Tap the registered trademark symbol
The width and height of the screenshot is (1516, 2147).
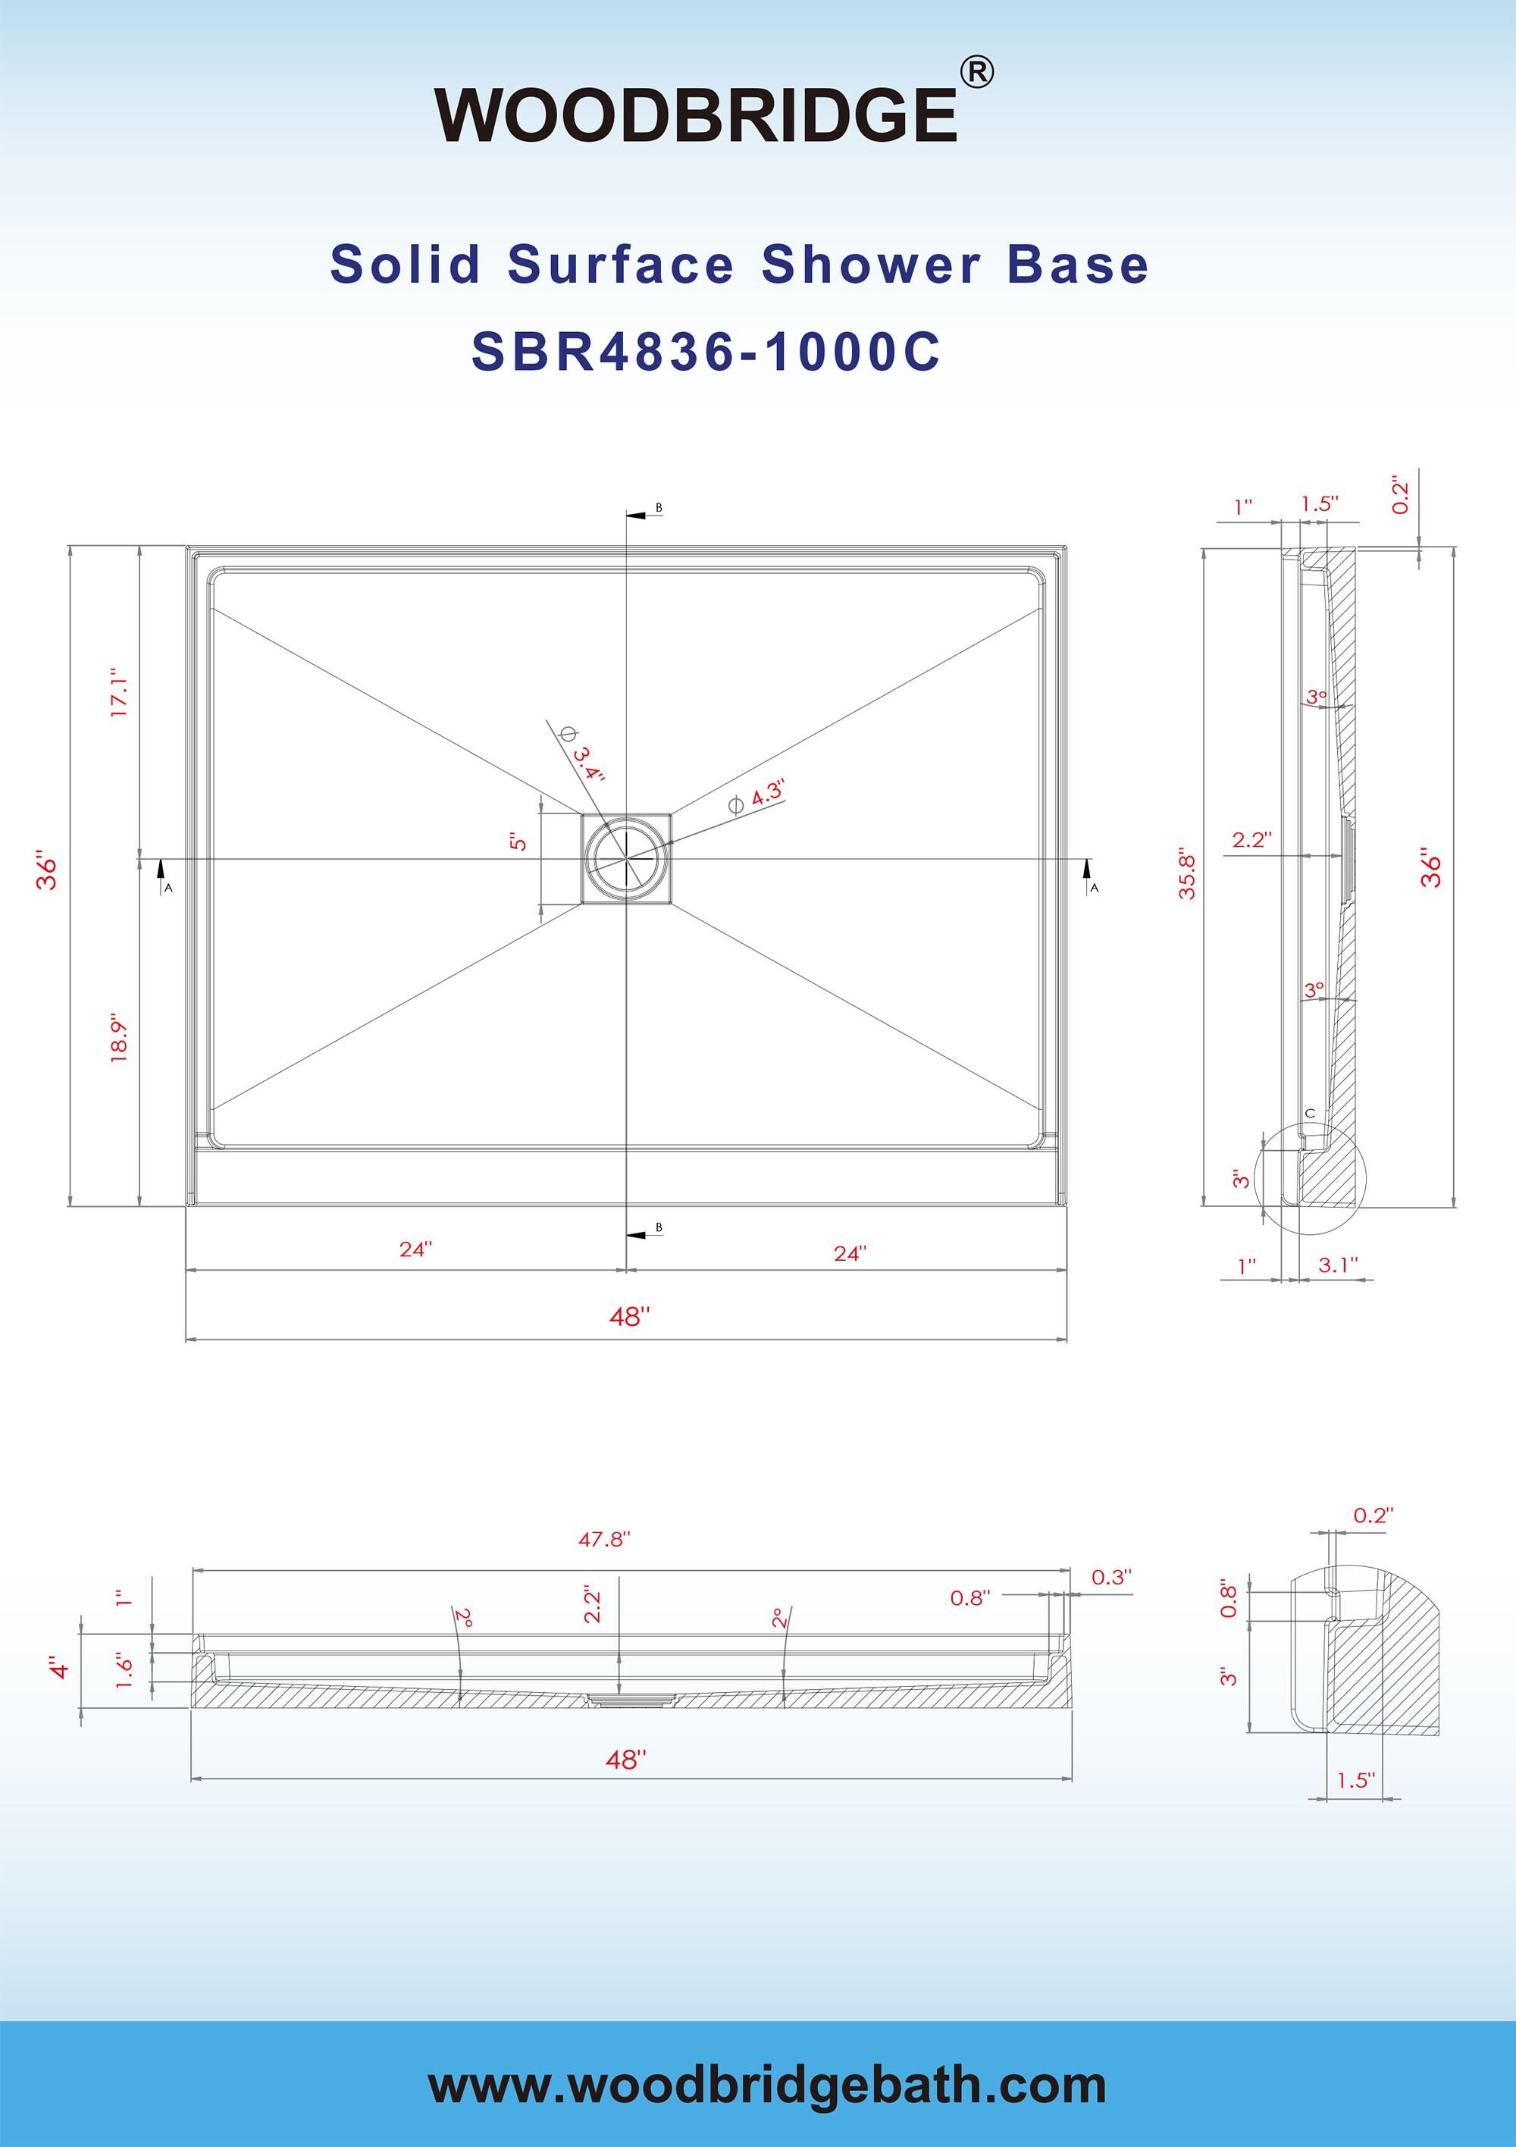(976, 73)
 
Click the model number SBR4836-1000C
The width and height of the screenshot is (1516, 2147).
(706, 353)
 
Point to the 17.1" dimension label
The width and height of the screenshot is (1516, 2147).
(120, 693)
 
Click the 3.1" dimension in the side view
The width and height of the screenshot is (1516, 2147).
(1337, 1265)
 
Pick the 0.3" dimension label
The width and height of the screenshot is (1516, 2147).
(1111, 1578)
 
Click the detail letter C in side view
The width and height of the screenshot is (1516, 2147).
(1311, 1114)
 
